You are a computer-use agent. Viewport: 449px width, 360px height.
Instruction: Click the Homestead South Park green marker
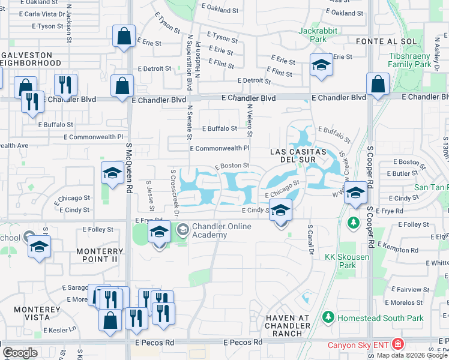tap(328, 317)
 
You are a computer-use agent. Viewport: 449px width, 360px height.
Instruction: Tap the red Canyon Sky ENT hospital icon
tap(397, 344)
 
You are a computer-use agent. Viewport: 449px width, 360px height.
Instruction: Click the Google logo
tap(20, 353)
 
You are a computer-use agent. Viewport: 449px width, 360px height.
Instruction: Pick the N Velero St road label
tap(250, 119)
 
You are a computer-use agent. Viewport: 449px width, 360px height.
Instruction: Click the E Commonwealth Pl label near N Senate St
tap(219, 148)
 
